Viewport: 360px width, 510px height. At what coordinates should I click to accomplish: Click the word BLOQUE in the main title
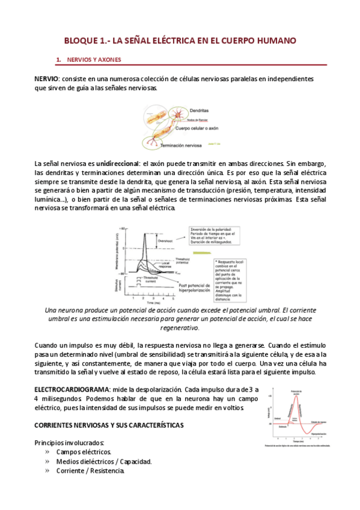(84, 41)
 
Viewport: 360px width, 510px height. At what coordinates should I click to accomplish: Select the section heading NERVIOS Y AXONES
(95, 60)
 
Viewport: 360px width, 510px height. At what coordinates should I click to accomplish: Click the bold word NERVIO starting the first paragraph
(46, 79)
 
